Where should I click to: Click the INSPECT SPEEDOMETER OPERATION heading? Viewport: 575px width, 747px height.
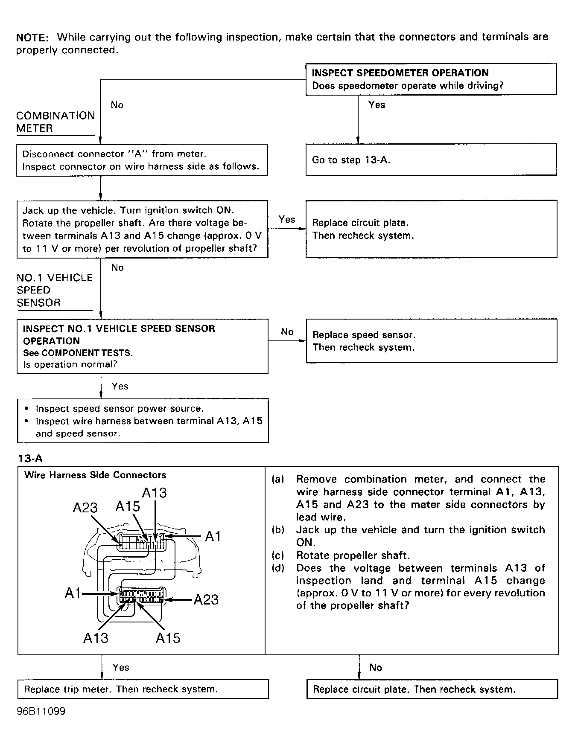(400, 73)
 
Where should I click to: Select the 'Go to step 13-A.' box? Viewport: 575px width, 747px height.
(431, 160)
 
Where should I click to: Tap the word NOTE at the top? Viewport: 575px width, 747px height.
(32, 37)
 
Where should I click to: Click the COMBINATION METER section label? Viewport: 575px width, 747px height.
(55, 122)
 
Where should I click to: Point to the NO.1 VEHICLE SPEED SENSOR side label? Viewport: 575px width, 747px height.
(54, 290)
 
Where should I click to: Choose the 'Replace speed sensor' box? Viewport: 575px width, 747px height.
(431, 341)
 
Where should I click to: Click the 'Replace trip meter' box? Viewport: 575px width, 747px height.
(143, 689)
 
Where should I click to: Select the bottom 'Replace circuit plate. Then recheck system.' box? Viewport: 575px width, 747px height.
(432, 689)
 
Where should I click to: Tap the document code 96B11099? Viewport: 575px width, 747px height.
(41, 712)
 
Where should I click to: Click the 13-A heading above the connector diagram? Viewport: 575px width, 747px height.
(30, 459)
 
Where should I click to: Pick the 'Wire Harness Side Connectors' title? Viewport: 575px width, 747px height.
(95, 475)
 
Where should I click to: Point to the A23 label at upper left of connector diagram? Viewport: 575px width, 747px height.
(85, 508)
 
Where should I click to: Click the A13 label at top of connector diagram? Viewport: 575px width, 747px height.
(154, 493)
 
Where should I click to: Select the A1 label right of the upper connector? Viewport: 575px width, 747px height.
(213, 536)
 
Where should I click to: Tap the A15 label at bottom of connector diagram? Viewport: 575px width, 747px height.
(168, 638)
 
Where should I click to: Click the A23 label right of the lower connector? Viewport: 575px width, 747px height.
(206, 600)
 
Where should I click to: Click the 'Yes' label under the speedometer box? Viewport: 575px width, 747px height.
(377, 105)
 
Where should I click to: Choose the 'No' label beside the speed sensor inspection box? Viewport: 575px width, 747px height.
(287, 332)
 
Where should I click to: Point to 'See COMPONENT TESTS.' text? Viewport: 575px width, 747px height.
(78, 353)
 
